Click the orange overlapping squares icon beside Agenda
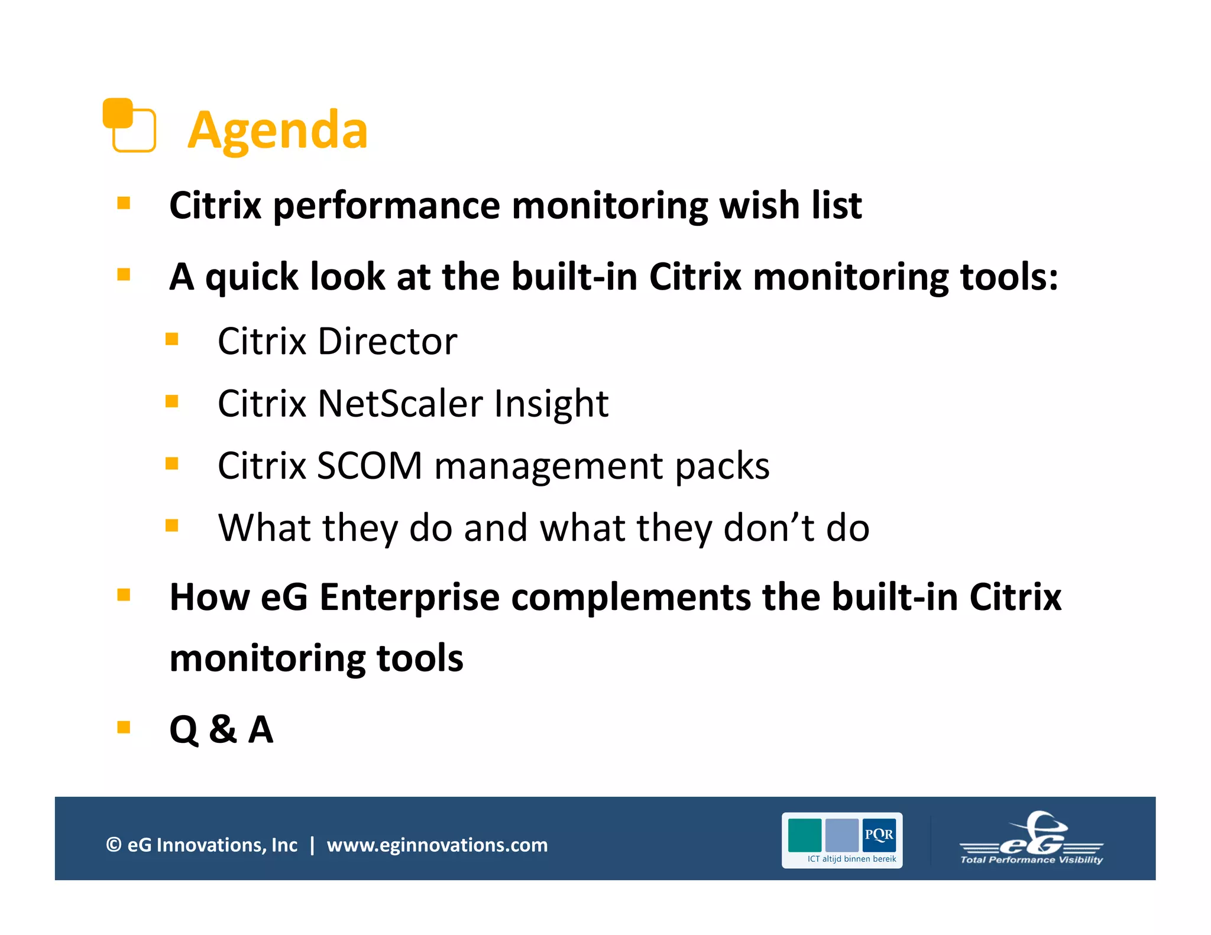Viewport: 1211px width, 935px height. pos(129,125)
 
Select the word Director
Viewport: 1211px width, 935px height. pos(387,342)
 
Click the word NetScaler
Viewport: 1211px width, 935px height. pos(400,404)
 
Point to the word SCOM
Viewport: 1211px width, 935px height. pos(370,466)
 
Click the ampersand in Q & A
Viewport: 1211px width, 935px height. pos(223,729)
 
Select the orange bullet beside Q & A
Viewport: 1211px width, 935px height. pos(124,727)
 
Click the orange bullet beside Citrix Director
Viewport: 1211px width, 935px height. pos(172,339)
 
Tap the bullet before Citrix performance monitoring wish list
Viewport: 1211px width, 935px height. pos(124,203)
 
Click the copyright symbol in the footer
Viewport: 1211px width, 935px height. pos(114,845)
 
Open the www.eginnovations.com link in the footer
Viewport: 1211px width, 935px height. pos(437,845)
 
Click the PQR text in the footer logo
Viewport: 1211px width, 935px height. pos(879,835)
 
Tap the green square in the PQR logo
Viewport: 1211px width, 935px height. pos(804,835)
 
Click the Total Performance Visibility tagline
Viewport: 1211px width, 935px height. pos(1031,860)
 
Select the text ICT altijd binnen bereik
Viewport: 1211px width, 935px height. pos(851,859)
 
